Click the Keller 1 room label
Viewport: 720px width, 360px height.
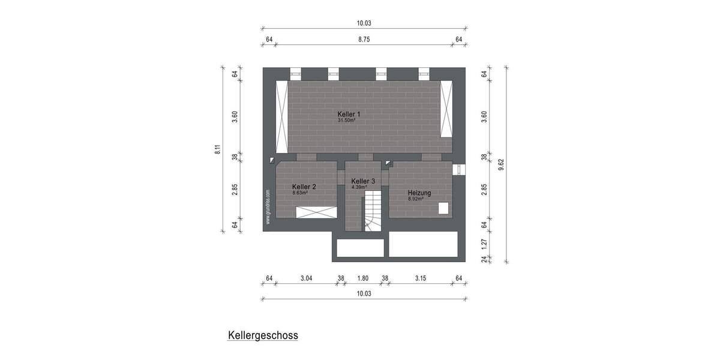pyautogui.click(x=349, y=114)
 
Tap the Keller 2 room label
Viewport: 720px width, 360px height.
pyautogui.click(x=304, y=187)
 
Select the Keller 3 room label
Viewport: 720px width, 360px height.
pyautogui.click(x=363, y=181)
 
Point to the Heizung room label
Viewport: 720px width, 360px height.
pyautogui.click(x=419, y=193)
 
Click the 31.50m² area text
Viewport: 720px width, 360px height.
pyautogui.click(x=347, y=120)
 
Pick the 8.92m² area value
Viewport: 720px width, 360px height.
pyautogui.click(x=416, y=199)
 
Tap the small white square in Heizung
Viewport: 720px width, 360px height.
pyautogui.click(x=443, y=208)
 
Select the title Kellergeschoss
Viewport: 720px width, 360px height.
pyautogui.click(x=263, y=335)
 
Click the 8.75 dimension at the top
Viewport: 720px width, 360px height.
pyautogui.click(x=364, y=40)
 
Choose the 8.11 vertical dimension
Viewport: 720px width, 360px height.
pyautogui.click(x=217, y=149)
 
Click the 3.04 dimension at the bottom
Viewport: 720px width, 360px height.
pyautogui.click(x=306, y=278)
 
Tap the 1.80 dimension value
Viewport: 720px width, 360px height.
pyautogui.click(x=362, y=278)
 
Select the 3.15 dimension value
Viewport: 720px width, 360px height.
pyautogui.click(x=421, y=278)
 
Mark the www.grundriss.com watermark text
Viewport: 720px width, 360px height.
pyautogui.click(x=268, y=207)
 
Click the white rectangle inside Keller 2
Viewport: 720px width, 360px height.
pyautogui.click(x=316, y=212)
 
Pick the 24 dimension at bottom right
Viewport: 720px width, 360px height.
pyautogui.click(x=485, y=259)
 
